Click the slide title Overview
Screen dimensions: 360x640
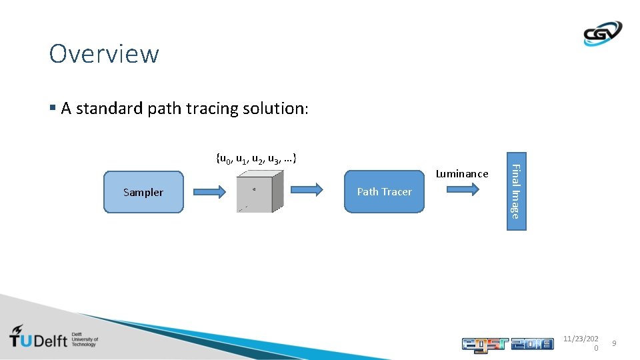click(104, 54)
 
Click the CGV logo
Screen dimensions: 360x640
click(602, 33)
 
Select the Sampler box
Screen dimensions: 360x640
click(143, 192)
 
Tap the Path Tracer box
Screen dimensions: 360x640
click(384, 192)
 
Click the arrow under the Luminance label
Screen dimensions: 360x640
click(462, 189)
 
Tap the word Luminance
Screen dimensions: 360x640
click(462, 174)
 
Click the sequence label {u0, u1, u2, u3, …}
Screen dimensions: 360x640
click(257, 159)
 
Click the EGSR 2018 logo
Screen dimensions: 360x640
click(507, 343)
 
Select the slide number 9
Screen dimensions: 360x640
click(615, 343)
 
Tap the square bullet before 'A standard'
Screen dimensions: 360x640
click(53, 108)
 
